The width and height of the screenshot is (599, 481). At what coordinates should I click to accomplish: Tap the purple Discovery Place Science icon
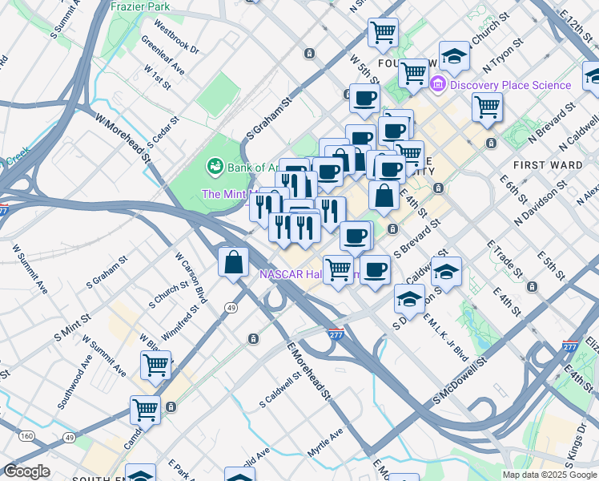[x=439, y=84]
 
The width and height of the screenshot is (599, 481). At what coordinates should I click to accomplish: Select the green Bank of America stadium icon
[x=215, y=167]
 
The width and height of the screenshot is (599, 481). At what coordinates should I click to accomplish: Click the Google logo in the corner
[x=26, y=471]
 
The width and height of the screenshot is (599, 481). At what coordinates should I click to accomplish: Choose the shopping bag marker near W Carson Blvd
[x=233, y=262]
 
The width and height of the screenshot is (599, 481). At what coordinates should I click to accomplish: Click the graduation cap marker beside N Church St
[x=454, y=55]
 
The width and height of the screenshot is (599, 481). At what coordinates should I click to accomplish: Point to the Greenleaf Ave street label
[x=163, y=55]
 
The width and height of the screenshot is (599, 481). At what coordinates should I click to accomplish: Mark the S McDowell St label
[x=460, y=381]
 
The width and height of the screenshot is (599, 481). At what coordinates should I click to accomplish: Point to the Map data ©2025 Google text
[x=549, y=475]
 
